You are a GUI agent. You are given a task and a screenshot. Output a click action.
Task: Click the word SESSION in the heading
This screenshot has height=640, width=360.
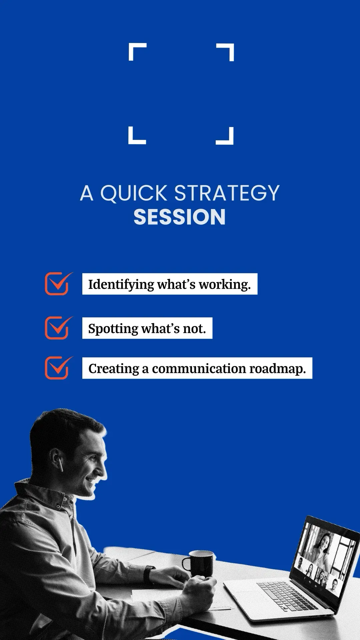point(180,217)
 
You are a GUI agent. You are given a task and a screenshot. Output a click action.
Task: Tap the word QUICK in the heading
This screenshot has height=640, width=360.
point(133,193)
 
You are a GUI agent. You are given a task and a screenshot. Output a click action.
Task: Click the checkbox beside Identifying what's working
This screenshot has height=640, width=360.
point(59,284)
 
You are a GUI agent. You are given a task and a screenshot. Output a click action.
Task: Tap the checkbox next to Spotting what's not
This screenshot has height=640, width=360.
point(59,328)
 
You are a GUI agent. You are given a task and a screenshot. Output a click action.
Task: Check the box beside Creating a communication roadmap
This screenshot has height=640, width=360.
point(59,368)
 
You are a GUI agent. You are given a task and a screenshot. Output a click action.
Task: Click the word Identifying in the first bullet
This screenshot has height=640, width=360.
point(121,285)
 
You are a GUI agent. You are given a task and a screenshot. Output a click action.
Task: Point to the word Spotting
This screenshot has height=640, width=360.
point(113,329)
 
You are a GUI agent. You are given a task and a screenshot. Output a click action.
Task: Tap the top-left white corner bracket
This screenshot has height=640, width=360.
point(137,52)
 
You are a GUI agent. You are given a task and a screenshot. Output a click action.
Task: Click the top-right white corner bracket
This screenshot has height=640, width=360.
point(225,52)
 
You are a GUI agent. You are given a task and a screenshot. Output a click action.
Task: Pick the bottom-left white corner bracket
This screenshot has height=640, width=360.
point(137,136)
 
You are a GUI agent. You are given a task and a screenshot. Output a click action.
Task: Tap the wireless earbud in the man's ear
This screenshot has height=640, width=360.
point(61,464)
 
